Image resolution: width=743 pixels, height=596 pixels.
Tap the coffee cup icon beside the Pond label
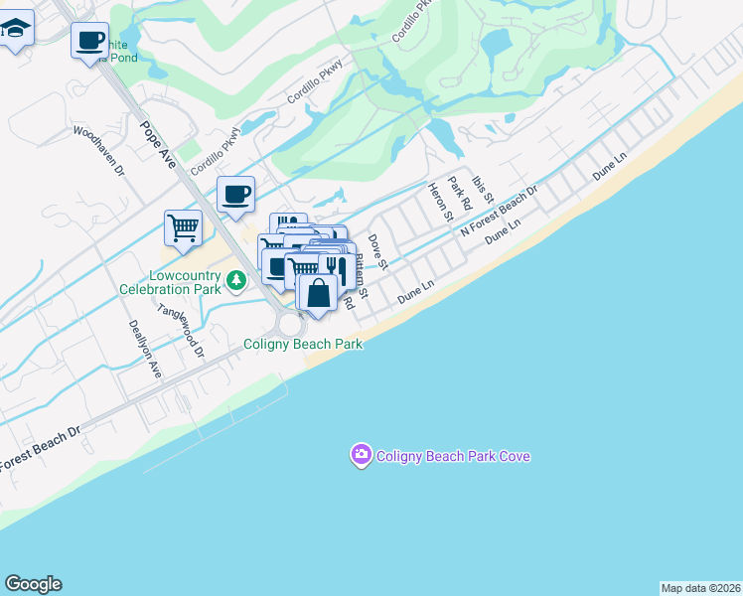pos(89,41)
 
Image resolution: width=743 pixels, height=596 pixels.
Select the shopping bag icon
pos(318,294)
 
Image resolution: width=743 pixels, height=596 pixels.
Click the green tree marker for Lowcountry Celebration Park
pos(236,281)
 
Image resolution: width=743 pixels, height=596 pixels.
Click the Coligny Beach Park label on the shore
pos(303,344)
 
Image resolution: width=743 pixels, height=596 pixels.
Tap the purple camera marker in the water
pos(361,456)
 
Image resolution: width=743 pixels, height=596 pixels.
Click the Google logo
pos(33,584)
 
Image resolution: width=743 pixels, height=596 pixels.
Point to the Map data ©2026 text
pos(700,587)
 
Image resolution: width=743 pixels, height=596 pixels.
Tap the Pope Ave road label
pos(158,144)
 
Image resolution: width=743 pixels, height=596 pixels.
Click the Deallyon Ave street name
pos(145,349)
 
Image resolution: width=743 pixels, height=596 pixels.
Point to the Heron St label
pos(439,202)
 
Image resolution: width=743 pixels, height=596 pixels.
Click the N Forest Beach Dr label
pos(499,210)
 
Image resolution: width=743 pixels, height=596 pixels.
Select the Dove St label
pos(376,251)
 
